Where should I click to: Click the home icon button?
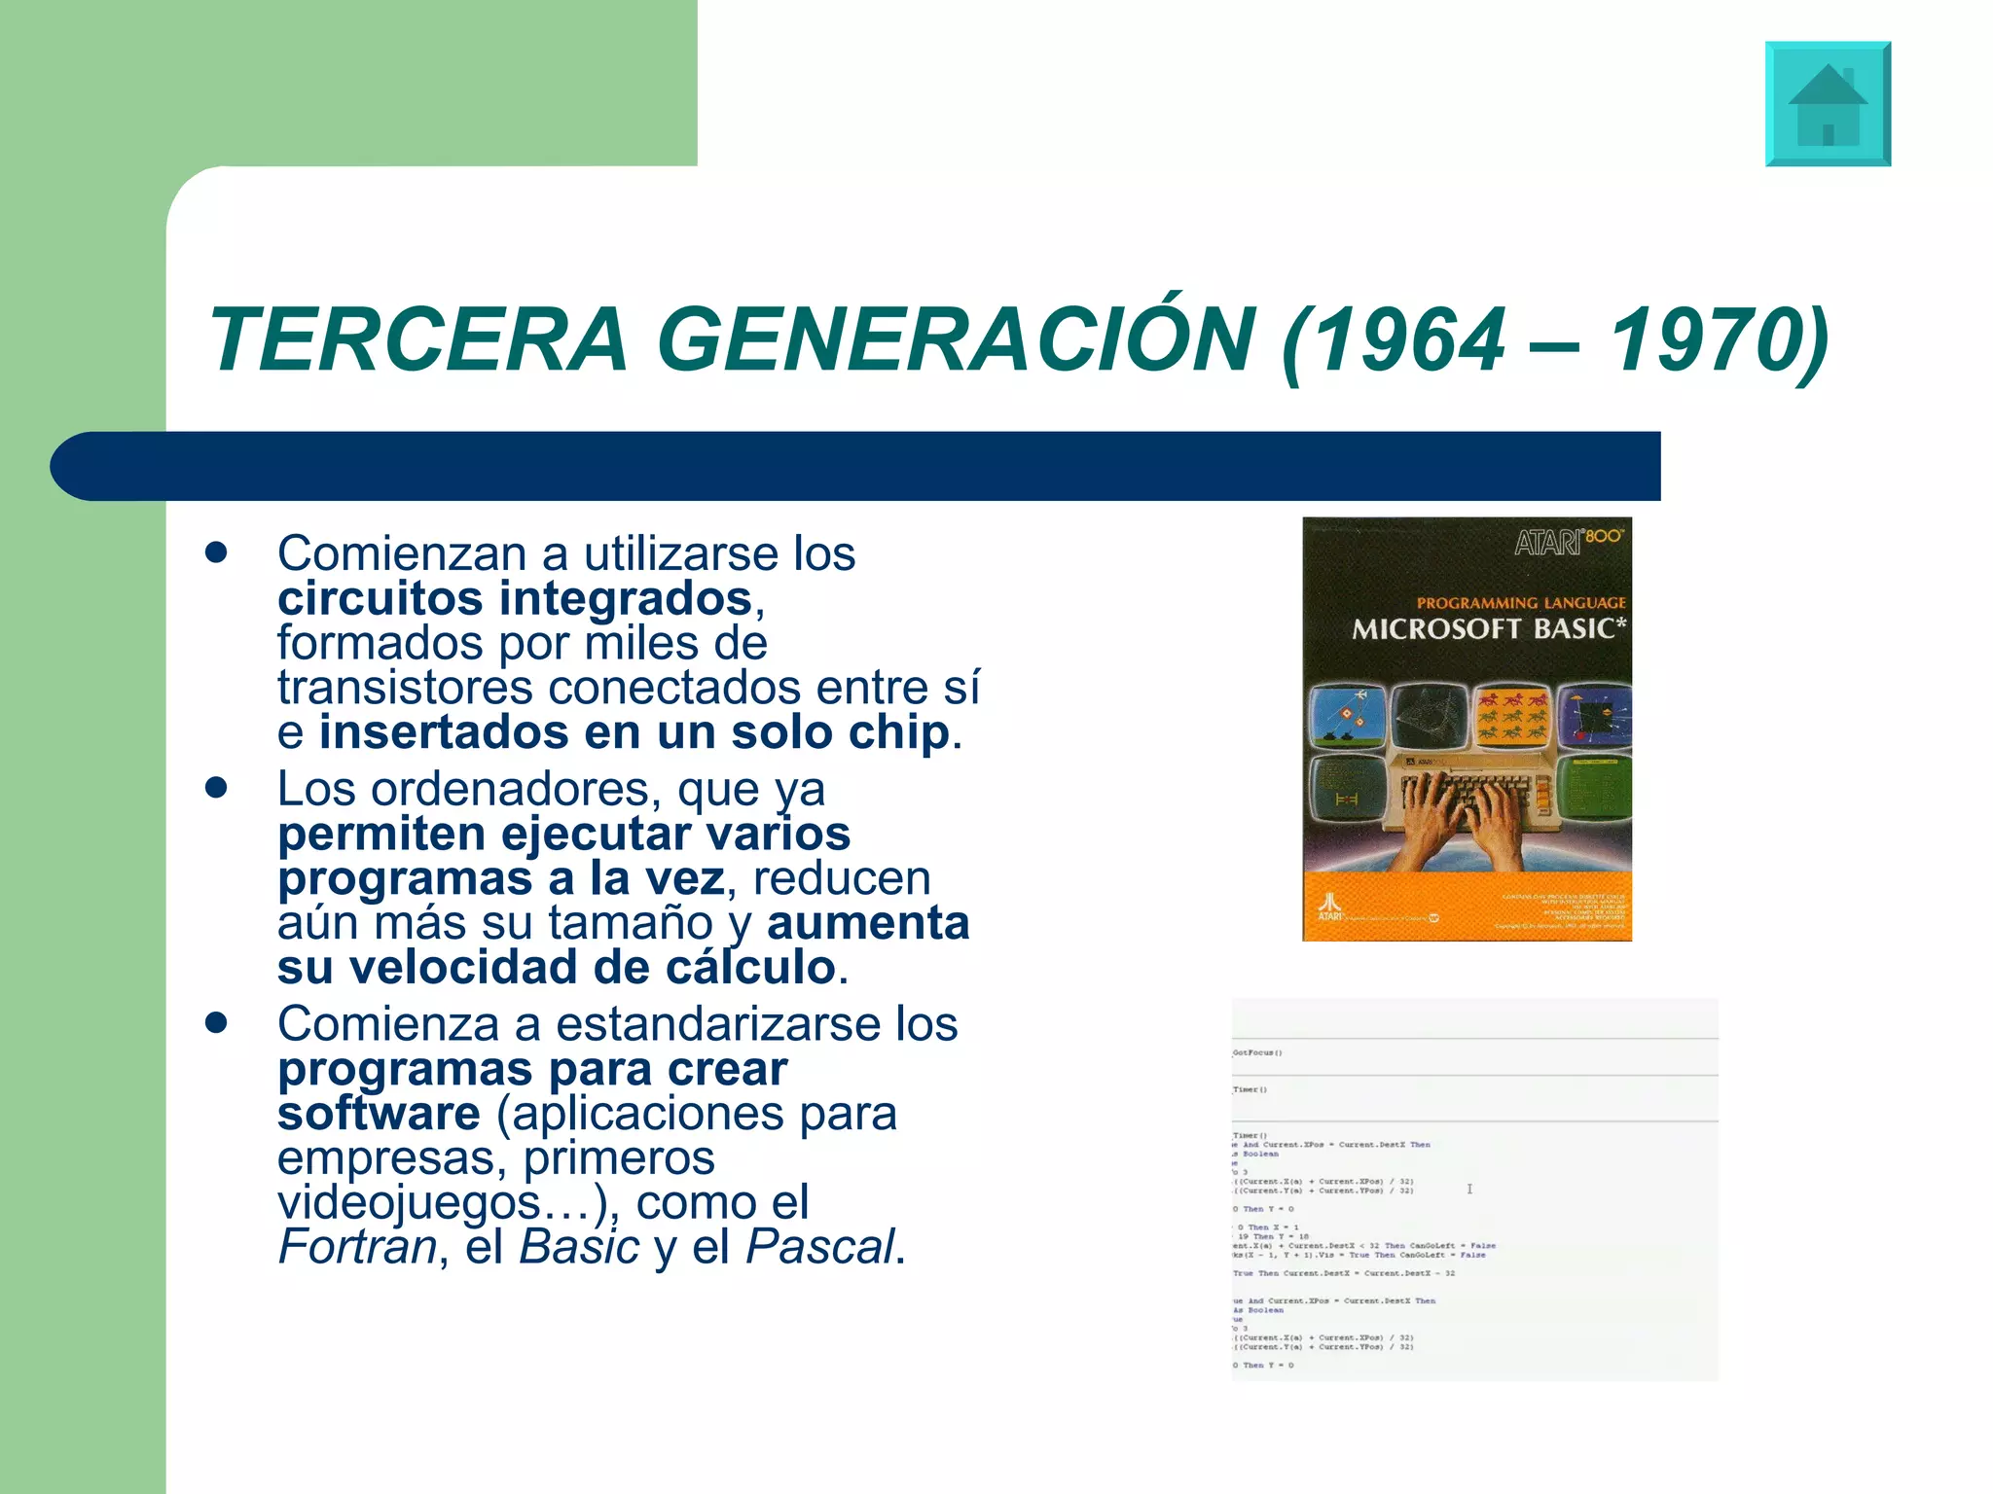coord(1828,104)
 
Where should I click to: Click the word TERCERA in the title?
coord(418,339)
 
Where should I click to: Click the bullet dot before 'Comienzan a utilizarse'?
coord(216,552)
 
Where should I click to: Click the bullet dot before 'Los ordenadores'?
coord(216,787)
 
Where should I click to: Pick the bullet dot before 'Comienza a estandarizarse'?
coord(216,1022)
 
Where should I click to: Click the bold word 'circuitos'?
coord(380,598)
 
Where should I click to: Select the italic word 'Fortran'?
coord(358,1247)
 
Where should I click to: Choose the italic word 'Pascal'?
coord(819,1247)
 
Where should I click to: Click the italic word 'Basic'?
coord(579,1247)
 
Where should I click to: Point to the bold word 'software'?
coord(379,1114)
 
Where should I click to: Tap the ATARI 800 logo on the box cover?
coord(1568,541)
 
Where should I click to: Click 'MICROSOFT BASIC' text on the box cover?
coord(1488,629)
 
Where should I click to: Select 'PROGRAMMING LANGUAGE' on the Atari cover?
coord(1521,603)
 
